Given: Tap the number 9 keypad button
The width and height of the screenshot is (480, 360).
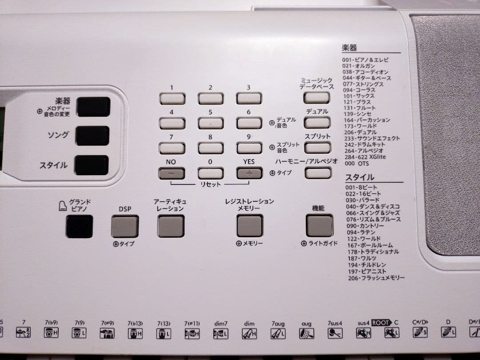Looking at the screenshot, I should click(x=249, y=148).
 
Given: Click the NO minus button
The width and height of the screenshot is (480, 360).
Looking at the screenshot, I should click(x=172, y=173).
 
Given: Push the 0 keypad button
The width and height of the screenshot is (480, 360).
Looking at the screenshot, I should click(x=210, y=173).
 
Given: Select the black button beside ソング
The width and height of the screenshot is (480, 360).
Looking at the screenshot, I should click(x=92, y=136).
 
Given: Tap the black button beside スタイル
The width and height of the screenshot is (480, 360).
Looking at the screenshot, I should click(x=92, y=165).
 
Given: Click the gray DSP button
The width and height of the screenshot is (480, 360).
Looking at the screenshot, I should click(x=125, y=226).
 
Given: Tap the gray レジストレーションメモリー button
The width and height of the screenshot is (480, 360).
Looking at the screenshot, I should click(x=249, y=226).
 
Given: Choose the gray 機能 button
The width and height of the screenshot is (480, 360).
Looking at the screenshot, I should click(x=319, y=225).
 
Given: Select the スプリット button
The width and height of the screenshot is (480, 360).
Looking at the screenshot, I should click(x=317, y=148).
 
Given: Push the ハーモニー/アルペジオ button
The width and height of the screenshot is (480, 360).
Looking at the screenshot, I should click(x=318, y=172).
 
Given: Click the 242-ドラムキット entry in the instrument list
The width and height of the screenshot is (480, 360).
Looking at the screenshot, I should click(x=360, y=144).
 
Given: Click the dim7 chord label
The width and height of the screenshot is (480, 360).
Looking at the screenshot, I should click(x=220, y=323).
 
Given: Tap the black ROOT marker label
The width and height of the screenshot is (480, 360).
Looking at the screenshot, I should click(x=381, y=323).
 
